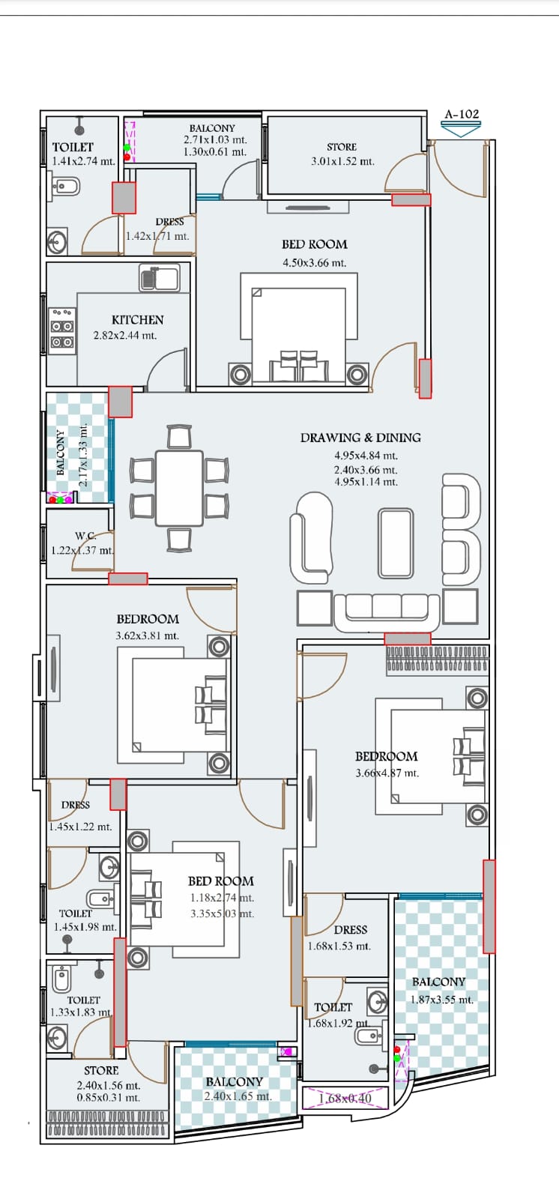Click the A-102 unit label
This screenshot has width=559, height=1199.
(x=462, y=114)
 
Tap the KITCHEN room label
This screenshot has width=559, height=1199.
(x=138, y=319)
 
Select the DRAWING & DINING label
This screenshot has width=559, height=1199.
(x=360, y=438)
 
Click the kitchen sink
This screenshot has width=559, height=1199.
(x=159, y=278)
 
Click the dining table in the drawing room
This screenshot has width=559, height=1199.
(x=179, y=488)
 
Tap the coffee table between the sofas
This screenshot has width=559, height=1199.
(x=396, y=543)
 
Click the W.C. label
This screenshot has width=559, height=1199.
(x=85, y=536)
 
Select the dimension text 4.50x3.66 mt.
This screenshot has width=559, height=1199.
(x=314, y=263)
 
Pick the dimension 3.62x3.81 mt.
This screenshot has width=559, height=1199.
(x=148, y=636)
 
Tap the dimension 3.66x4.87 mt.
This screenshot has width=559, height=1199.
(x=387, y=773)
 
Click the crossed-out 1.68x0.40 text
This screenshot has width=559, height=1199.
(x=345, y=1099)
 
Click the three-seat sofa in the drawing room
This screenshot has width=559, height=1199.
(x=387, y=611)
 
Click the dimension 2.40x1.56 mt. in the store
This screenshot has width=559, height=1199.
(x=108, y=1086)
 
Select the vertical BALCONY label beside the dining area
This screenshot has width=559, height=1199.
(x=61, y=453)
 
